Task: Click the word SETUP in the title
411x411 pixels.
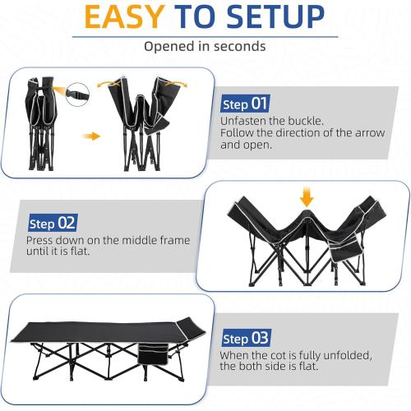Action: point(282,18)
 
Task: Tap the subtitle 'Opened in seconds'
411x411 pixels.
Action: point(205,46)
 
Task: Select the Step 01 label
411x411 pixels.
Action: point(245,104)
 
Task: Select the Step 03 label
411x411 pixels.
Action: point(245,339)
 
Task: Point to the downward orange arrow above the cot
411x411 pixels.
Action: point(307,198)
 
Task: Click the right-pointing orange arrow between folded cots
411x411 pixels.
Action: point(92,136)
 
